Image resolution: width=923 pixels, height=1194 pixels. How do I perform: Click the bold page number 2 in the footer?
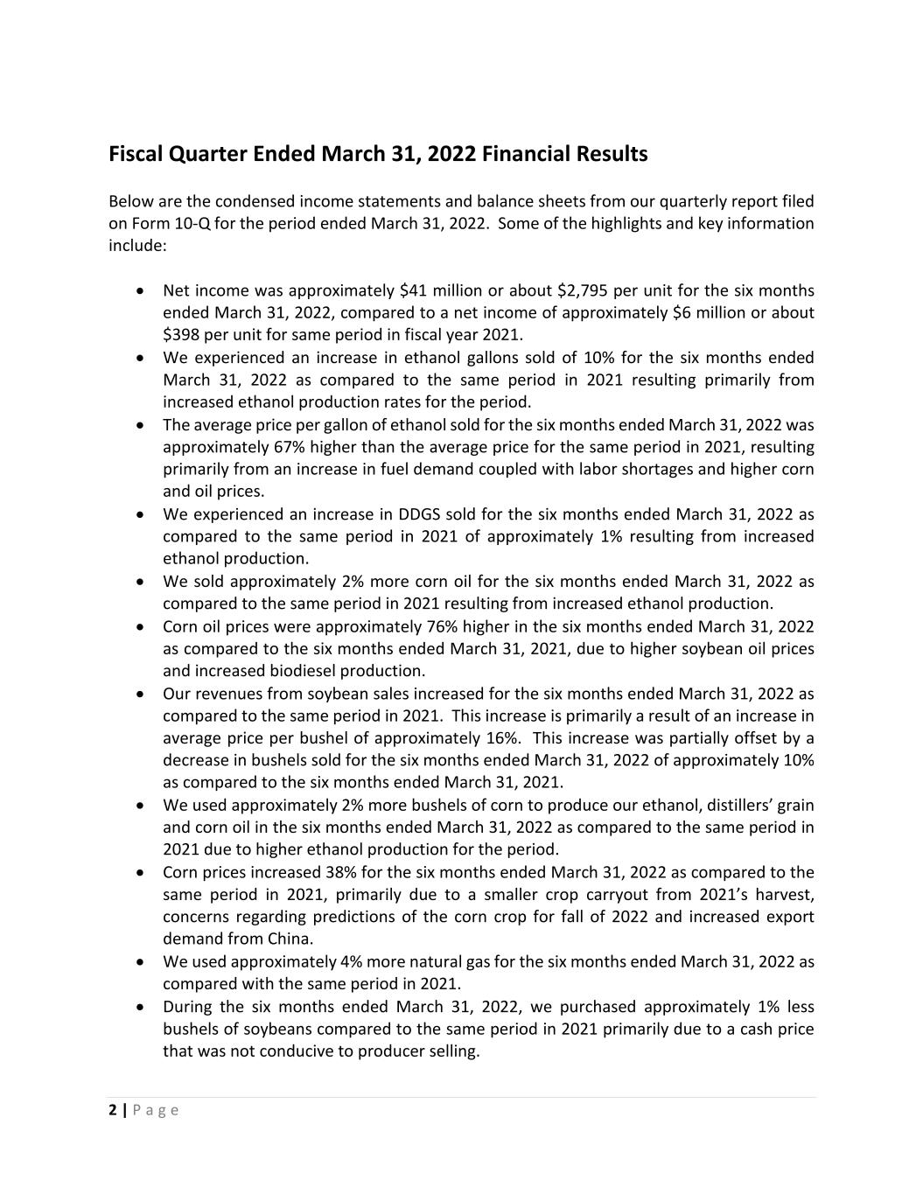point(112,1110)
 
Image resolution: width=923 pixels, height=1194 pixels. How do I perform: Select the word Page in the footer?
point(157,1110)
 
